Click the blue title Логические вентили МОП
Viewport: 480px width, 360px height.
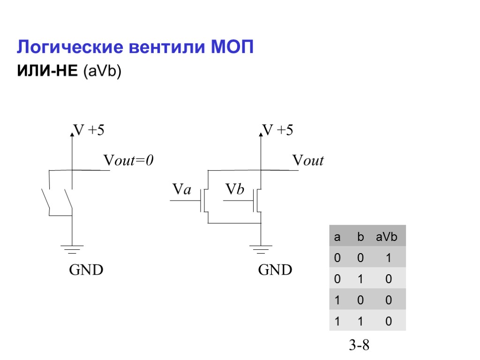coord(135,47)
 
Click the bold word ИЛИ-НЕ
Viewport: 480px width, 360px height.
coord(47,71)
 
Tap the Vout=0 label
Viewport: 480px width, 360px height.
coord(128,161)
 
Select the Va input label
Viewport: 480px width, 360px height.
coord(182,189)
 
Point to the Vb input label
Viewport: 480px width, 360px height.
coord(235,189)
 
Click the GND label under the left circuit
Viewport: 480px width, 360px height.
coord(86,270)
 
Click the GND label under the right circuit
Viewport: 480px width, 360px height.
coord(275,270)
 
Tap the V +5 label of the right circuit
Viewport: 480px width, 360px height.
coord(277,130)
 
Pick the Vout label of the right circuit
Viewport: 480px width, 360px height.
coord(308,161)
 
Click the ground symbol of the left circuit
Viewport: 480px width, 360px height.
coord(72,249)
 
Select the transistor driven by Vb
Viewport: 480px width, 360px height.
coord(258,200)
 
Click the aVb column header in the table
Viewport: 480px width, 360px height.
coord(386,237)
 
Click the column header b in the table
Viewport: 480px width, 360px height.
coord(360,237)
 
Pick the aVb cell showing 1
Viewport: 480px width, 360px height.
coord(388,258)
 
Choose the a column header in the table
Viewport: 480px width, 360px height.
coord(337,237)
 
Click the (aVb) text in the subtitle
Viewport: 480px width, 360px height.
coord(102,71)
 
